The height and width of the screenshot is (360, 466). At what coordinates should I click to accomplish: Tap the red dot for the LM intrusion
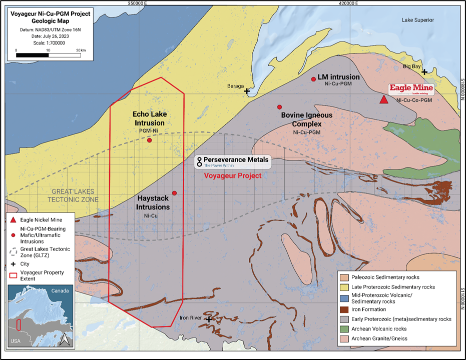(313, 79)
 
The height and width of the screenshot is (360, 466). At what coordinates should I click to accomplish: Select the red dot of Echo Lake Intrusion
(149, 140)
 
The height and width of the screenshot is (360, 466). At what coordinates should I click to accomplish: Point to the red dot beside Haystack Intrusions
(174, 193)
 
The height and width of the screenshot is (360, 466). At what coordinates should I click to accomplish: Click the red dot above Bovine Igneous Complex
(279, 107)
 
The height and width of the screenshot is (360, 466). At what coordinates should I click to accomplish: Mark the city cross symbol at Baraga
(247, 91)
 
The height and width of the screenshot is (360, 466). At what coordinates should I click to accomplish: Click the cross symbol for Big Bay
(424, 72)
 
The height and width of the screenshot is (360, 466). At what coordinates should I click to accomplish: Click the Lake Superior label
(418, 20)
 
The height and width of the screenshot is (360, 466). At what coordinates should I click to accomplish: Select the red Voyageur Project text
(233, 176)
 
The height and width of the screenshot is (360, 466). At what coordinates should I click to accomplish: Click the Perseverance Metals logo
(233, 161)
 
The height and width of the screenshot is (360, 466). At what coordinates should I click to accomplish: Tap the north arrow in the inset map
(64, 339)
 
